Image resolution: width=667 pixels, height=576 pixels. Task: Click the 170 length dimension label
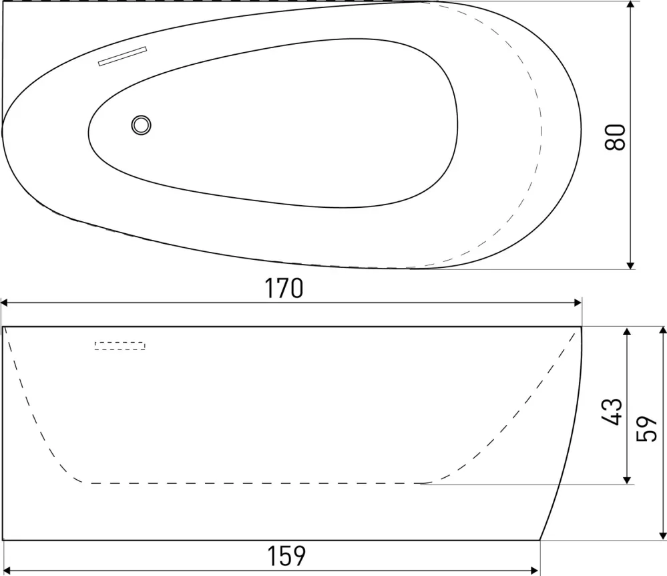click(284, 288)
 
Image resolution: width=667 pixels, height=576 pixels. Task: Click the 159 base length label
click(286, 555)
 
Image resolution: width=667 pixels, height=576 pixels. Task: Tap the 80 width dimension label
click(615, 137)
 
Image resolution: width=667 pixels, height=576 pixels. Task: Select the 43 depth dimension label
click(612, 412)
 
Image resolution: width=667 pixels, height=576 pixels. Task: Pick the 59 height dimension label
click(646, 429)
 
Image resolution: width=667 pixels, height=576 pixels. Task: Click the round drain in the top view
click(141, 125)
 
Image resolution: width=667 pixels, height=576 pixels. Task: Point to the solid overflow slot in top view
click(122, 56)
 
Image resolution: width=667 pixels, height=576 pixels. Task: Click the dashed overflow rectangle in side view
click(120, 345)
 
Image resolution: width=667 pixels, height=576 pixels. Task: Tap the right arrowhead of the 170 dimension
click(578, 303)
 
